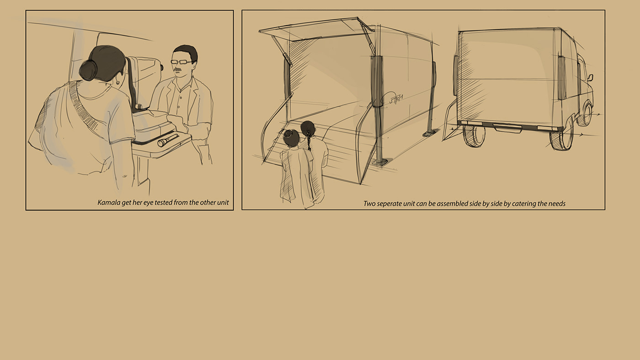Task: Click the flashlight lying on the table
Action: (x=168, y=140)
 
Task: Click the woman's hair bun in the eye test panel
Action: (x=88, y=70)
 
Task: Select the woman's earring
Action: (x=117, y=83)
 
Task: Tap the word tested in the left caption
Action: (x=164, y=203)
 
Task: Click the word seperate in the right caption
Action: (x=389, y=204)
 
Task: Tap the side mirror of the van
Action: (x=590, y=77)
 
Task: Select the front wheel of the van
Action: (x=585, y=114)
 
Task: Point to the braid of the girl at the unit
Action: (x=309, y=140)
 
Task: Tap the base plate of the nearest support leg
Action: (x=380, y=162)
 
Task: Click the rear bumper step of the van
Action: (x=508, y=128)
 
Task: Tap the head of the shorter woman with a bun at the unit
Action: (x=291, y=138)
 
